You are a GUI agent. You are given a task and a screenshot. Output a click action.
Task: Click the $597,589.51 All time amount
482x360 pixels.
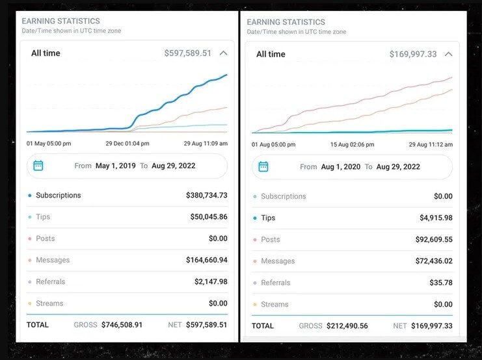click(188, 53)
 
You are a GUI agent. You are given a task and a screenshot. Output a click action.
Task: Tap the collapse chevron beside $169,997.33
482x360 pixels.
click(448, 54)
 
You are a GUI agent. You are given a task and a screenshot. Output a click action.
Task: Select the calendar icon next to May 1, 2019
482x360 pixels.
click(38, 166)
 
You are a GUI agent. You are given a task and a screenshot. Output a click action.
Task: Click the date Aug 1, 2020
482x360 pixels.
click(340, 167)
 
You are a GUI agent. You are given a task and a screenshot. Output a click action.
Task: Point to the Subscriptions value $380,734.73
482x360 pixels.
click(206, 195)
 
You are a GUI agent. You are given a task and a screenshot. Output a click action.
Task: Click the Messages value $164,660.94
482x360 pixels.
click(206, 260)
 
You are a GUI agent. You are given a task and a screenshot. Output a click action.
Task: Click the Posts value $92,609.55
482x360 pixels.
click(434, 239)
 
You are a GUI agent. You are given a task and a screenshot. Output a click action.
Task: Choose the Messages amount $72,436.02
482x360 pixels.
click(434, 261)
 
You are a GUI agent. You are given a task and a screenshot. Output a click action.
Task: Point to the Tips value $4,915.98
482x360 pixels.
click(436, 218)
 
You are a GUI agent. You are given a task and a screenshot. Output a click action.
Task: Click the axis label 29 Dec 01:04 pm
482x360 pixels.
click(127, 143)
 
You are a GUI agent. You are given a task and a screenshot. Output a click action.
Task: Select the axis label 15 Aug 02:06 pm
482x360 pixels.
click(352, 144)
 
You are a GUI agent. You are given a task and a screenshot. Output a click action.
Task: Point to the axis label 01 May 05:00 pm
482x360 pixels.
click(49, 143)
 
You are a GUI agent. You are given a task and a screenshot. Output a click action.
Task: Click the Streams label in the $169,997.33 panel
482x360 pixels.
click(274, 304)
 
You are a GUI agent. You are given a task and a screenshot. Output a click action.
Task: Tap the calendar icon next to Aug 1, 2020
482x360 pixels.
click(263, 167)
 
